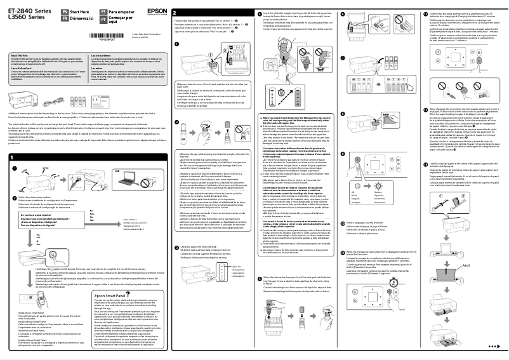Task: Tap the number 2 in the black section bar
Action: coord(175,13)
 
